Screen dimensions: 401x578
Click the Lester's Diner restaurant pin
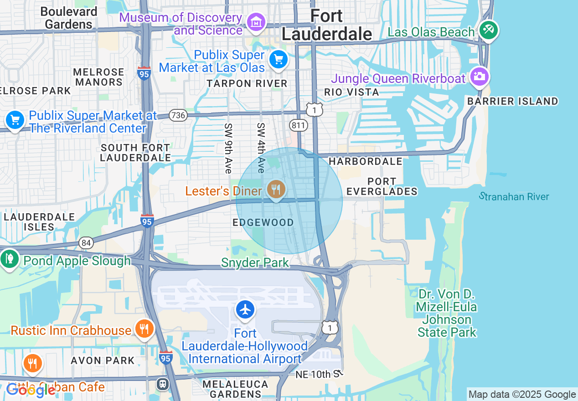276,189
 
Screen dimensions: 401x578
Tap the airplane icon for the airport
245,309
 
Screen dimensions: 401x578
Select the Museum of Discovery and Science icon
256,21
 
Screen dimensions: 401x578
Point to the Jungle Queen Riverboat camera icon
479,77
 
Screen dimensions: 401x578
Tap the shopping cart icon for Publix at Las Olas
278,60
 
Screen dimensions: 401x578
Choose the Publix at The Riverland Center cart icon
15,120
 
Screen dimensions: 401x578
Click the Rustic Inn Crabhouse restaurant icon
144,329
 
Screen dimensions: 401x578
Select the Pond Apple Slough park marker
9,259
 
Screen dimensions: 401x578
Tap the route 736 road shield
178,115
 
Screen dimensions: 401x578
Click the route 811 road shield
299,125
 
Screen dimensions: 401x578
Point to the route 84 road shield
86,243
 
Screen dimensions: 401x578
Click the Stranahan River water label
514,196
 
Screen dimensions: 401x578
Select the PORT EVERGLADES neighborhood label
382,186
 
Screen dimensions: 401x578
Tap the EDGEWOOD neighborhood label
263,222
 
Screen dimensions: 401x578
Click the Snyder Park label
255,262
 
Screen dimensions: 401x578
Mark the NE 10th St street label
319,375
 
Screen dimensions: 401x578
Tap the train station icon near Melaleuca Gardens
162,384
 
